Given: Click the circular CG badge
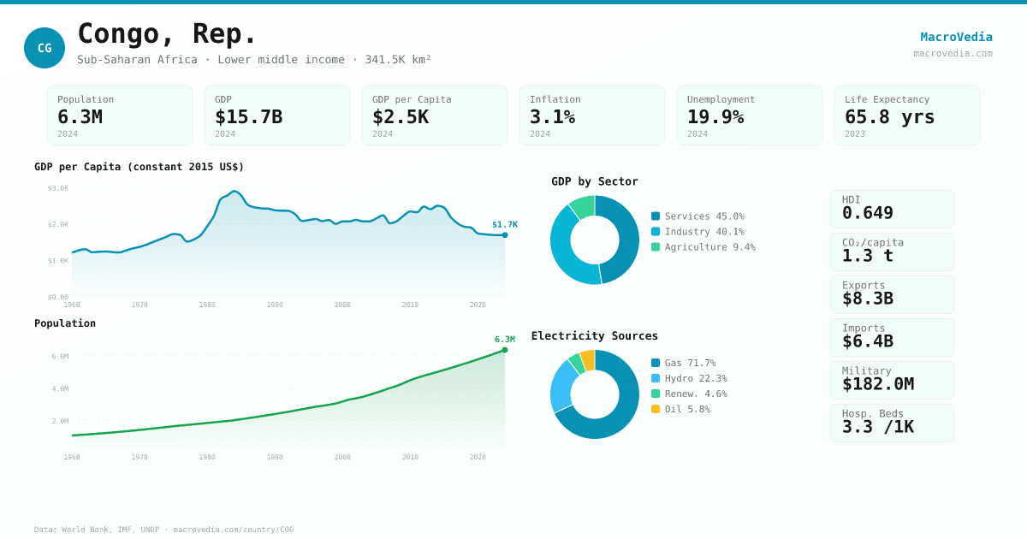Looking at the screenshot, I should click(x=45, y=48).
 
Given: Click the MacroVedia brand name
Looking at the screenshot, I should click(x=956, y=37).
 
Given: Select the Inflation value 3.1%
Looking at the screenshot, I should click(x=552, y=116).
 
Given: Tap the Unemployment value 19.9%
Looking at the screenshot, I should click(x=715, y=116).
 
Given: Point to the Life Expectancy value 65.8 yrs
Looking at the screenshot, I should click(x=889, y=116).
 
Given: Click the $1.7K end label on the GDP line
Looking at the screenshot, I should click(x=504, y=224).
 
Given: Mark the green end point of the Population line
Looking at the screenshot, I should click(x=505, y=350).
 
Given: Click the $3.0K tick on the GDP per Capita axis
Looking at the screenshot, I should click(x=58, y=188).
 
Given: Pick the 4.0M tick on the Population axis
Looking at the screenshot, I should click(x=60, y=388).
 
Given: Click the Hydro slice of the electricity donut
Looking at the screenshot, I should click(x=562, y=386).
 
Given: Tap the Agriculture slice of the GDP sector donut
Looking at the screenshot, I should click(x=583, y=206).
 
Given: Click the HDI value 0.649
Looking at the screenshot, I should click(x=867, y=213).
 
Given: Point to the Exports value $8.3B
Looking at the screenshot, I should click(x=867, y=299).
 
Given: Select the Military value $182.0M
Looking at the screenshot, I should click(x=877, y=384).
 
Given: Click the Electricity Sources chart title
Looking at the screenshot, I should click(x=594, y=336).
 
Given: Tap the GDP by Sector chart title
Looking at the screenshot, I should click(x=594, y=181).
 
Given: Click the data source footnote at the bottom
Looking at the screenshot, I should click(x=163, y=530).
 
